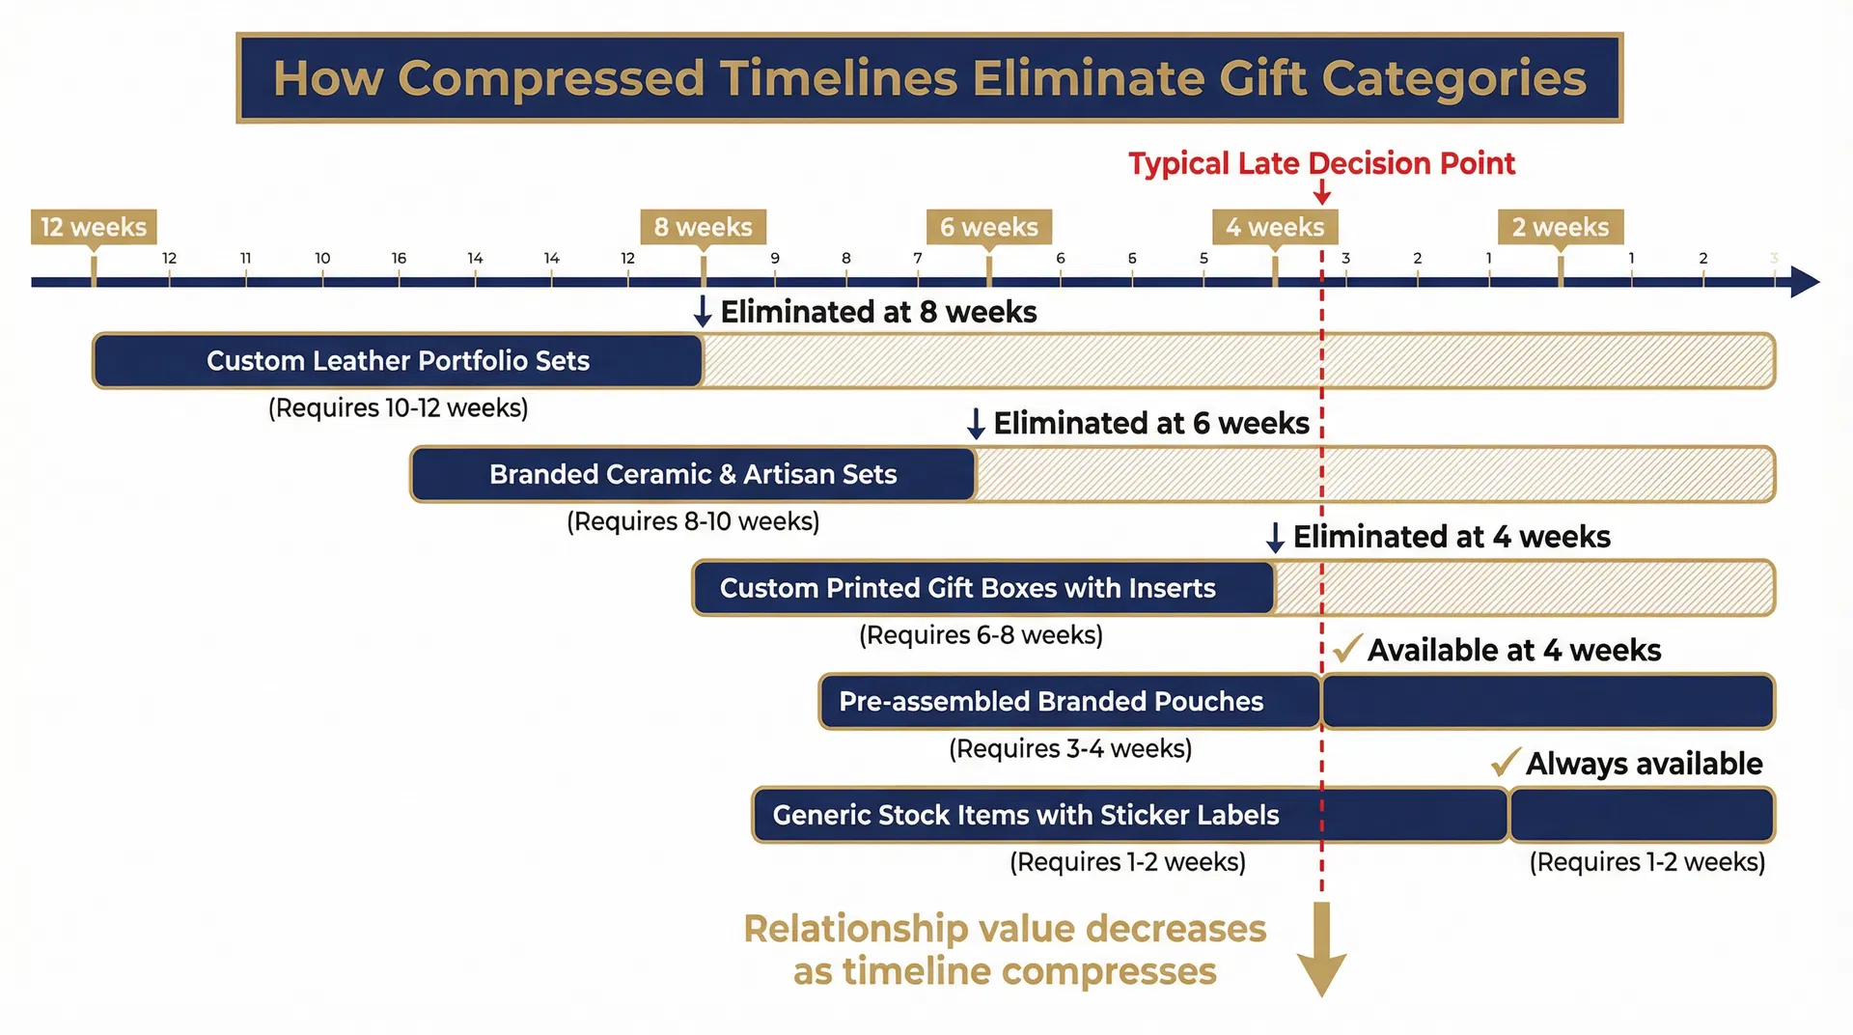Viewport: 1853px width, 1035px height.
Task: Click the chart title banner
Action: point(929,78)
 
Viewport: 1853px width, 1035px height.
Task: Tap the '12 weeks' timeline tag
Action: point(94,227)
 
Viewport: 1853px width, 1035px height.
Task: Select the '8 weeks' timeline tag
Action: point(703,227)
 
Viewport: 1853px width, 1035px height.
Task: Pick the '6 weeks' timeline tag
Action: point(988,227)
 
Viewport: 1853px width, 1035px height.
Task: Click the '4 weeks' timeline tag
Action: point(1275,227)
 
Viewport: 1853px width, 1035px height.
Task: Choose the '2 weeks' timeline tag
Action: point(1561,227)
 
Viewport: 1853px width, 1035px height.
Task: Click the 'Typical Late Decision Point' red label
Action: point(1321,163)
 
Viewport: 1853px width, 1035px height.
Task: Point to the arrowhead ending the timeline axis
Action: point(1804,282)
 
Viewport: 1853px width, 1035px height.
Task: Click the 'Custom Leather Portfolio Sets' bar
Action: point(398,361)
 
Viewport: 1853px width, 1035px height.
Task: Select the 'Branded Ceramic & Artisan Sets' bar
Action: point(693,474)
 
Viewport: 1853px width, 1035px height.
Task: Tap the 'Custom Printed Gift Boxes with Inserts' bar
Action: point(968,588)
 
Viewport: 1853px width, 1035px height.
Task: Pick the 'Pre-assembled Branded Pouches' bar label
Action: point(1051,701)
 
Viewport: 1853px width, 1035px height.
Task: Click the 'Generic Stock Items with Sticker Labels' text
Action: point(1026,815)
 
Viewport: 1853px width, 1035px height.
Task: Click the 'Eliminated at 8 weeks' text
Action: point(878,312)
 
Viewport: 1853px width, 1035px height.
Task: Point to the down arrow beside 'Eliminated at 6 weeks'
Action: point(976,424)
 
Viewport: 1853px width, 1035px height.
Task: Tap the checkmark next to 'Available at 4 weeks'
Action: point(1346,649)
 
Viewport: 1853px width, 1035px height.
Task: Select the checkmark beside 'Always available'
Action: point(1505,763)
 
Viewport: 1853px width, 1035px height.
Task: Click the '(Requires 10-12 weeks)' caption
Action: point(398,407)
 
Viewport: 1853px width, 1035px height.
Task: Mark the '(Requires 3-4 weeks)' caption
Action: point(1070,748)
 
